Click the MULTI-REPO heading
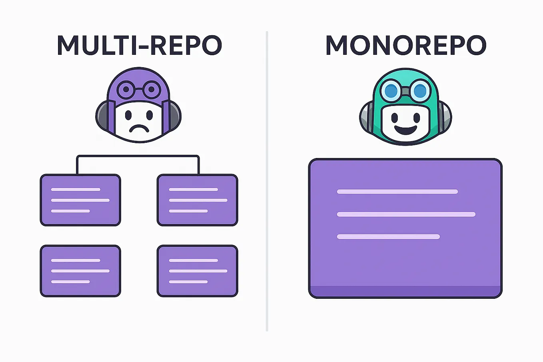click(139, 46)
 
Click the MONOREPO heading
click(405, 46)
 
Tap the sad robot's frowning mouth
click(138, 129)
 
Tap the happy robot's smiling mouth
click(405, 130)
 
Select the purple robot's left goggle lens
click(126, 90)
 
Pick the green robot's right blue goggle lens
click(420, 91)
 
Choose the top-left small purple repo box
click(80, 200)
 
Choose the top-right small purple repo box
click(198, 200)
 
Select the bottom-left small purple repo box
click(80, 271)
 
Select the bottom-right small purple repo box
click(198, 271)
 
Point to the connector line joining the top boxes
click(138, 156)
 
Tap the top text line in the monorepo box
click(397, 192)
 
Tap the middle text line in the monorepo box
click(406, 214)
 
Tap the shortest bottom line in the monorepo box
click(388, 237)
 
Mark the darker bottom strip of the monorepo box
click(405, 292)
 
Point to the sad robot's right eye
click(150, 116)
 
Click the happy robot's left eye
click(394, 118)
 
